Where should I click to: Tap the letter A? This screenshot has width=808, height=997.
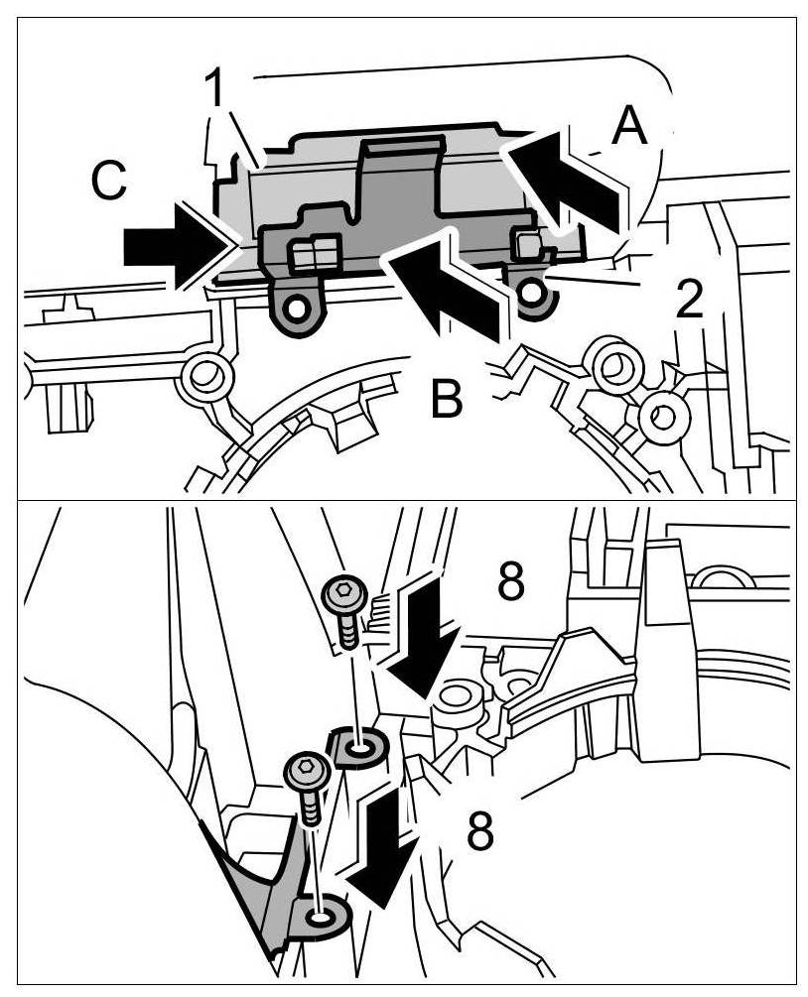point(629,127)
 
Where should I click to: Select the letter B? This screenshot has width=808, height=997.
point(448,399)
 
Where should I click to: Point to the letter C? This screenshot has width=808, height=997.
point(108,182)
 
